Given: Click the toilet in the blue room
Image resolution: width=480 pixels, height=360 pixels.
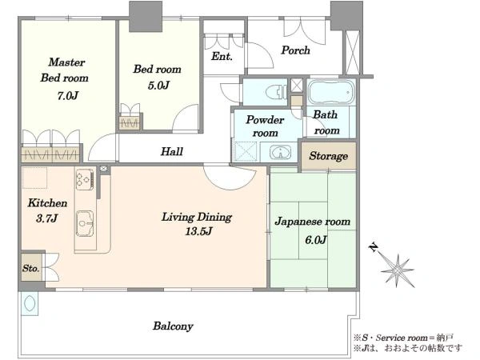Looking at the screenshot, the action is click(x=275, y=92).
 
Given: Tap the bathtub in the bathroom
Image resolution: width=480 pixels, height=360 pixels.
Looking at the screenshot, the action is click(x=331, y=92).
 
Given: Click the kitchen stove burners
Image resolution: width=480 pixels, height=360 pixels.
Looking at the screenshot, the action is click(x=85, y=179).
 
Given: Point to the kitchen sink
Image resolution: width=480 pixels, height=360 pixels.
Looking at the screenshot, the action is click(x=85, y=223).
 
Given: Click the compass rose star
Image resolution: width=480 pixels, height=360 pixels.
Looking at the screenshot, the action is click(x=398, y=270).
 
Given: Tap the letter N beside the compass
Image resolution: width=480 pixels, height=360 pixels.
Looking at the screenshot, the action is click(x=374, y=246).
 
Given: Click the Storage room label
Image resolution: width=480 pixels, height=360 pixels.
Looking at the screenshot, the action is click(x=329, y=156).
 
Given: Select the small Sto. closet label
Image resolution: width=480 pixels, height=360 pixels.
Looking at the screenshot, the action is click(x=30, y=269).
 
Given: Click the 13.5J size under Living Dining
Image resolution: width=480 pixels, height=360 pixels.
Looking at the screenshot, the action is click(x=198, y=231).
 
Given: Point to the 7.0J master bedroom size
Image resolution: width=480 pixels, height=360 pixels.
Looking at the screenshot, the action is click(x=68, y=95).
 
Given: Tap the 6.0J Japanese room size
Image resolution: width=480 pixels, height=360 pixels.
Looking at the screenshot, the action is click(x=316, y=240).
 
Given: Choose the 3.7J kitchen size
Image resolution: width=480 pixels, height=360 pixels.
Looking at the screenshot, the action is click(x=46, y=218).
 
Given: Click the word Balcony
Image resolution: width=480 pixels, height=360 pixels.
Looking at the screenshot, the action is click(x=173, y=326).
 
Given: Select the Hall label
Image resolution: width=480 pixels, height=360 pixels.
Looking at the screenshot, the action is click(x=172, y=151).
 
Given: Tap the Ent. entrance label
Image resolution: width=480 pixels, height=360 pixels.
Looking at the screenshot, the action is click(x=222, y=56).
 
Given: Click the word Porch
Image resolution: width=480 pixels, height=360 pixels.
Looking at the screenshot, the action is click(x=295, y=50).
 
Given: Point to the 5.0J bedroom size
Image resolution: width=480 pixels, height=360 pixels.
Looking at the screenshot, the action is click(x=158, y=85).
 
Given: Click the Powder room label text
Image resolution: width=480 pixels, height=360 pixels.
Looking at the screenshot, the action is click(x=265, y=126).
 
